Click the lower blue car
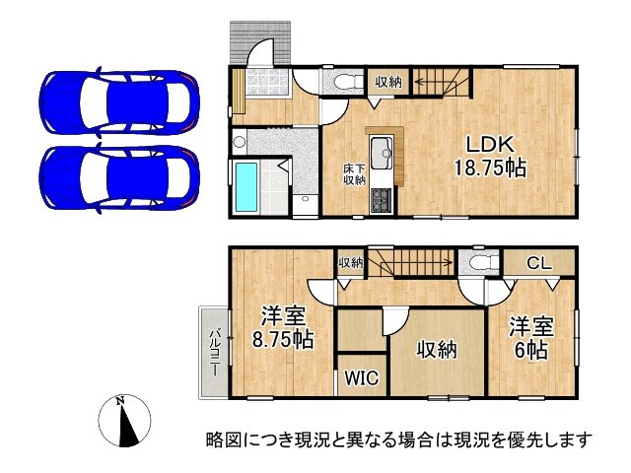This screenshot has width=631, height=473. point(119,172)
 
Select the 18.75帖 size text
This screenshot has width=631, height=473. point(489,168)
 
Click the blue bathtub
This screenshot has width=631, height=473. point(245,187)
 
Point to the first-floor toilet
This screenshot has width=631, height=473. point(342,82)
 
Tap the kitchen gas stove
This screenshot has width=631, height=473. point(381,202)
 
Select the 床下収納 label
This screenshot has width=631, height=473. point(354,174)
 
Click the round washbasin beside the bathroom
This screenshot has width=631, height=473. point(239,142)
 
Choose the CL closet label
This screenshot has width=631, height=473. point(537,262)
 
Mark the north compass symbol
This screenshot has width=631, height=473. point(123,423)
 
